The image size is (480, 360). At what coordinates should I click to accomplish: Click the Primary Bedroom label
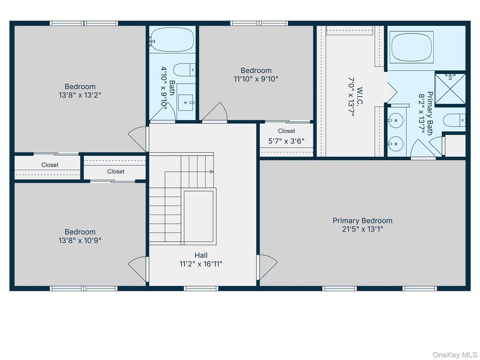pyautogui.click(x=362, y=221)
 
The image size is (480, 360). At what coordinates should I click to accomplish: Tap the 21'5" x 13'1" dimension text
pyautogui.click(x=362, y=229)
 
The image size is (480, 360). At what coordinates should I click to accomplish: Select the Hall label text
pyautogui.click(x=201, y=255)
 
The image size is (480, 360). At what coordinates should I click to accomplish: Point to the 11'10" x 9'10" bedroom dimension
pyautogui.click(x=256, y=79)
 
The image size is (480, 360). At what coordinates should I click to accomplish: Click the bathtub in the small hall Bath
pyautogui.click(x=172, y=40)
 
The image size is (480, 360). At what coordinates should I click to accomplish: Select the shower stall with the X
pyautogui.click(x=450, y=89)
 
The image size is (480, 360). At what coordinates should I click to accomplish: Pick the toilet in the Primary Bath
pyautogui.click(x=454, y=120)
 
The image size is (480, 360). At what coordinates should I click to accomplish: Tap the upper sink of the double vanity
pyautogui.click(x=395, y=120)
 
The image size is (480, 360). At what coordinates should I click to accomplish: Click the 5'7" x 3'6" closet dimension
pyautogui.click(x=287, y=141)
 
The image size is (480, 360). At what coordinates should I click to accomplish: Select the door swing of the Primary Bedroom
pyautogui.click(x=267, y=267)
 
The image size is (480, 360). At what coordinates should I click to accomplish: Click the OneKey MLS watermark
pyautogui.click(x=454, y=355)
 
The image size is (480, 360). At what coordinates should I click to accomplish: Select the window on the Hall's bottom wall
pyautogui.click(x=201, y=288)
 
